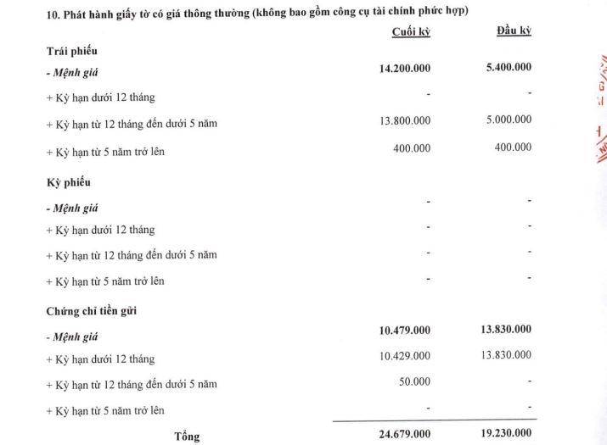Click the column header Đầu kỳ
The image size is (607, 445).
coord(514,31)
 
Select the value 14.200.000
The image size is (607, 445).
coord(404,68)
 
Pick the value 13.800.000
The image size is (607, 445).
coord(405,120)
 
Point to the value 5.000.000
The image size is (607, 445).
coord(509,120)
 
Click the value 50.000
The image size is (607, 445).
coord(414,382)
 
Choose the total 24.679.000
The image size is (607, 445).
coord(404,435)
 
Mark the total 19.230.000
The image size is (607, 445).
coord(506,435)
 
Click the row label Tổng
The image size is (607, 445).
coord(187,437)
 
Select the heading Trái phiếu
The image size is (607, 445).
coord(71,52)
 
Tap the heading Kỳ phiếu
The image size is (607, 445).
coord(68,182)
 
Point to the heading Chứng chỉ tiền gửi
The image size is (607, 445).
coord(92,311)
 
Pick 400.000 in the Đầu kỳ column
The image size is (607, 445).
coord(513,147)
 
